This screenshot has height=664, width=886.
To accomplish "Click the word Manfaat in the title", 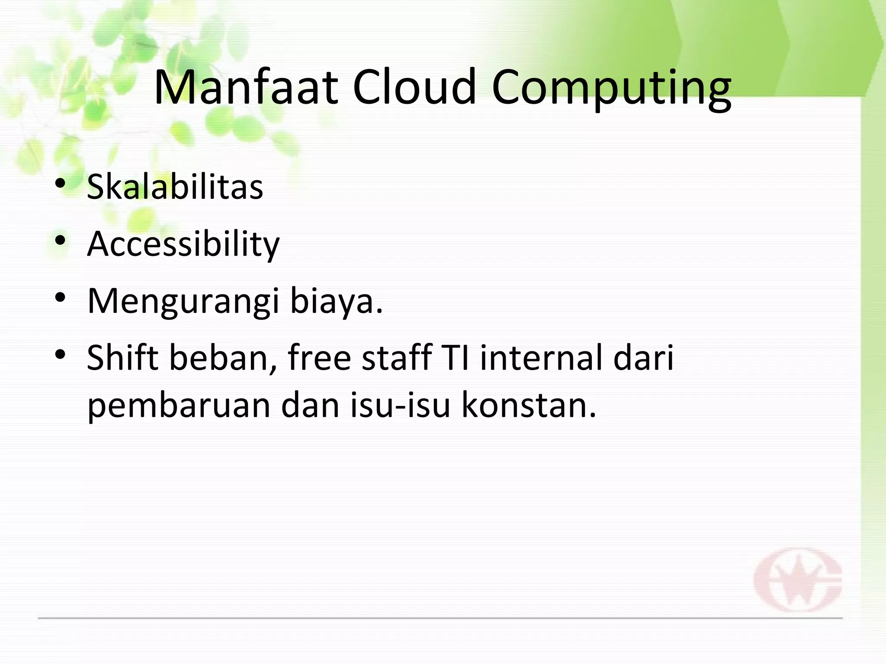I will [x=245, y=87].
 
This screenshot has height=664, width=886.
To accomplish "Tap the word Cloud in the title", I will [x=414, y=87].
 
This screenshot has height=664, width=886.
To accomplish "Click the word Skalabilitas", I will [x=175, y=187].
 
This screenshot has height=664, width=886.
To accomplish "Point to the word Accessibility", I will [x=183, y=245].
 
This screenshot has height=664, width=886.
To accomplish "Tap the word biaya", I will [x=336, y=302].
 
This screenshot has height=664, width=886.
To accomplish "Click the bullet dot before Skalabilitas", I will [x=60, y=184].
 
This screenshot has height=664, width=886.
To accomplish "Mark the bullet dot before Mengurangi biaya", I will [x=60, y=298].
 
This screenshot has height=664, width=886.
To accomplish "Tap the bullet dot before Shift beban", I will [x=60, y=355].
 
